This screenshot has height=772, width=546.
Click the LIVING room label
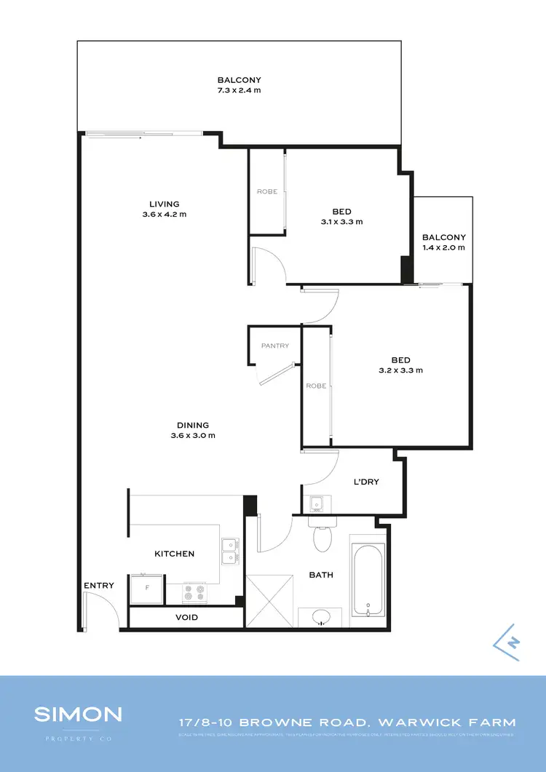tap(165, 204)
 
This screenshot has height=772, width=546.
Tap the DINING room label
tap(193, 426)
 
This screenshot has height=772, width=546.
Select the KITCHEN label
tap(175, 554)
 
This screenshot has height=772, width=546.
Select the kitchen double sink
tap(230, 551)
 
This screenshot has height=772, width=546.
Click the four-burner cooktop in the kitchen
tap(195, 593)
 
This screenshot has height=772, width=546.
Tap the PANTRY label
tap(274, 346)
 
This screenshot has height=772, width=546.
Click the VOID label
tap(186, 618)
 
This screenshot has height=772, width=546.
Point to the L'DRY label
tap(366, 482)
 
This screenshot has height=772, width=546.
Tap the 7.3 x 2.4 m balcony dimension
tap(239, 90)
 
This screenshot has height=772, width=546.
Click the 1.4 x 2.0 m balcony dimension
tap(443, 247)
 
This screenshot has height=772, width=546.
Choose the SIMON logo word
tap(78, 714)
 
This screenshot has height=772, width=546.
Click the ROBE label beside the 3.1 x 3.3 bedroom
tap(266, 191)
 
